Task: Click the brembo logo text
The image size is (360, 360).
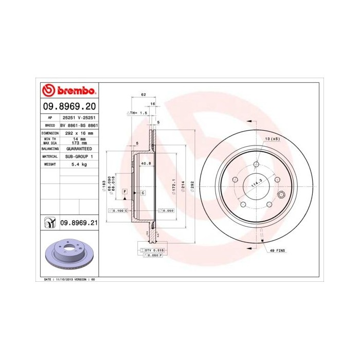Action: [x=76, y=92]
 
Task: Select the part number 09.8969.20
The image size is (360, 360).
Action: [x=69, y=107]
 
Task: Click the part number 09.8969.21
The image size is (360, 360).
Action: [x=79, y=222]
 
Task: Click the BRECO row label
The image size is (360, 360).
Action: [x=50, y=125]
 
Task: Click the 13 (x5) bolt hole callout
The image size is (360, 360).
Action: [x=272, y=139]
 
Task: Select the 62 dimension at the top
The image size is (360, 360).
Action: [x=143, y=95]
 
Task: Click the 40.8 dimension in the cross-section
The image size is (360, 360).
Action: [x=146, y=164]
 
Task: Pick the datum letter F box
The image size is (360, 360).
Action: [x=124, y=192]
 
